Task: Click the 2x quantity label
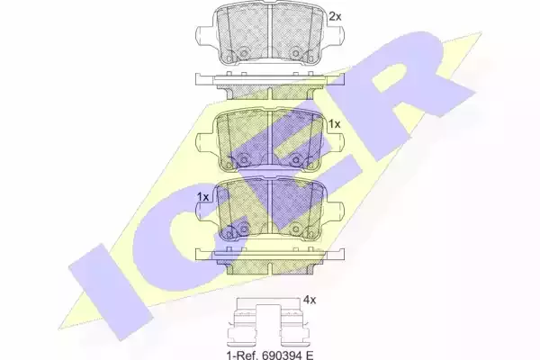(335, 16)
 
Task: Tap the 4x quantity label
(310, 300)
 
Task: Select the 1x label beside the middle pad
(334, 123)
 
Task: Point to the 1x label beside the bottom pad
(202, 197)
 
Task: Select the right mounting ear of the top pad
(333, 35)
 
